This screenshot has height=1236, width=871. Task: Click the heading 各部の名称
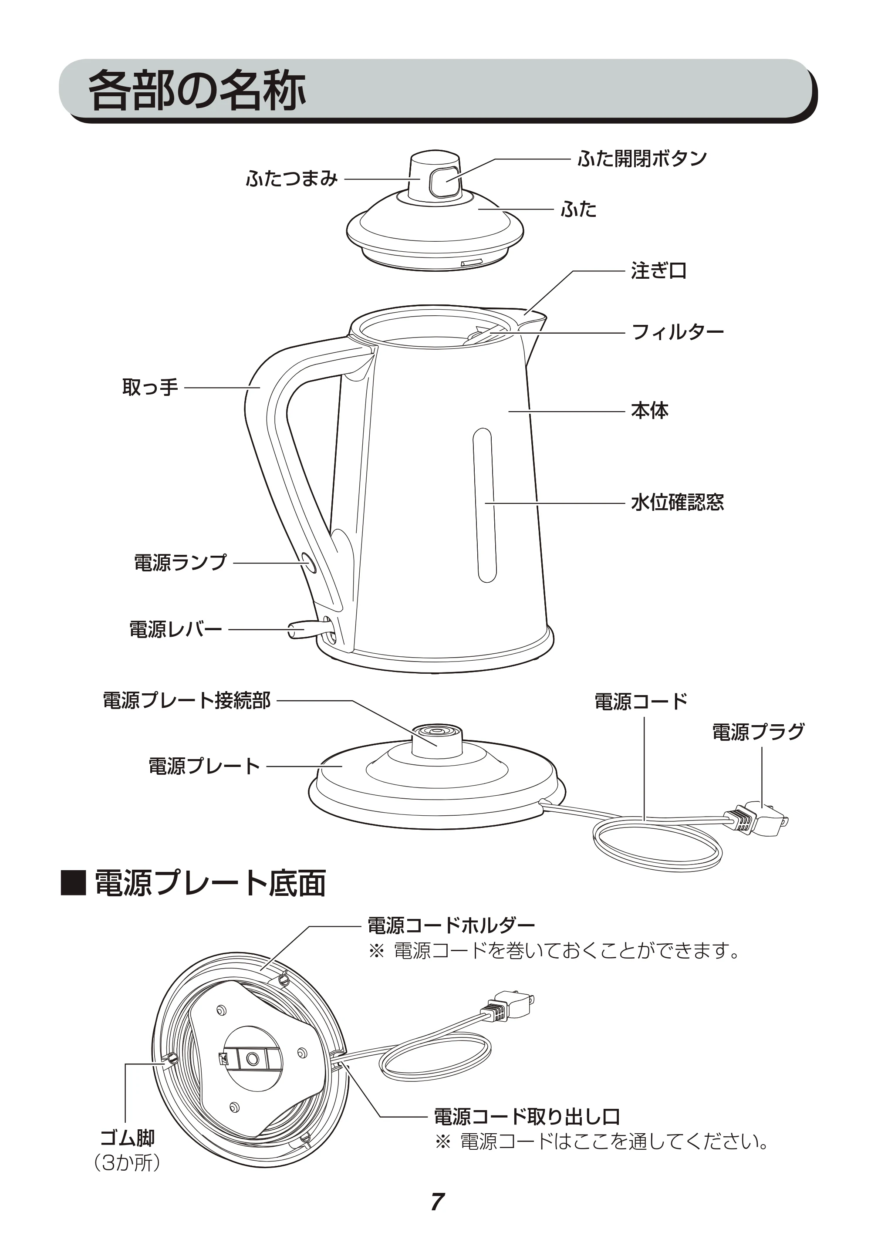click(196, 90)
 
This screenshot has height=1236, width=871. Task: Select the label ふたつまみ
click(292, 178)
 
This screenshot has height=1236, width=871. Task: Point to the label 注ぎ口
click(659, 270)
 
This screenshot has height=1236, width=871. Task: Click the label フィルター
click(678, 331)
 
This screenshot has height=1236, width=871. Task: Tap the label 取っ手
click(150, 387)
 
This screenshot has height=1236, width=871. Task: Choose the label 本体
click(650, 411)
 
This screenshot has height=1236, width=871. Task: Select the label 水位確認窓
click(678, 502)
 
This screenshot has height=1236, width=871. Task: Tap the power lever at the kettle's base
click(306, 629)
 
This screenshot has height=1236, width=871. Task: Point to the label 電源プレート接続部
click(187, 700)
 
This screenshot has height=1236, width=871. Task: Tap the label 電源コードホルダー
click(451, 925)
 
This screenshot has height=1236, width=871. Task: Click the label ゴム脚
click(128, 1138)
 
